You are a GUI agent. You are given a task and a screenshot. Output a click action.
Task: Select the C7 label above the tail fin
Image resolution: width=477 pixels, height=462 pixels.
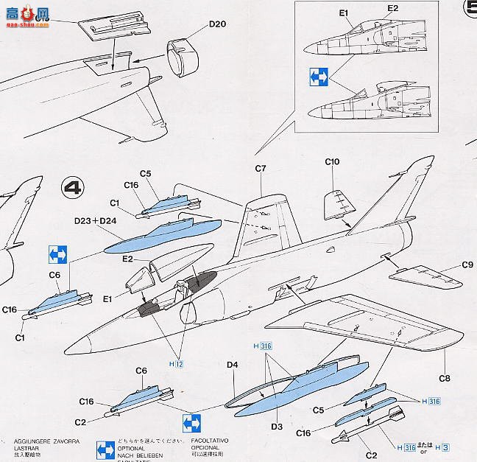point(261,169)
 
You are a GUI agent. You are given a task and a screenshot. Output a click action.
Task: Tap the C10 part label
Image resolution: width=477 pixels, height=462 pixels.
point(332,161)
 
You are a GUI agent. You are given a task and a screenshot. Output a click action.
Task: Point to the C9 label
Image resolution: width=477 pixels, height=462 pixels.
point(467,265)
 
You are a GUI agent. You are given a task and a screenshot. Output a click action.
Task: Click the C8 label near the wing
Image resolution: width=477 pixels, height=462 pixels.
point(445,378)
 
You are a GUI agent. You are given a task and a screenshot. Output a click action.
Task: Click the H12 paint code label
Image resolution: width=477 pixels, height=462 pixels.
point(176,363)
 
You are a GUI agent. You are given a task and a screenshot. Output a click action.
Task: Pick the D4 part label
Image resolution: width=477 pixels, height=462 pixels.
point(233,365)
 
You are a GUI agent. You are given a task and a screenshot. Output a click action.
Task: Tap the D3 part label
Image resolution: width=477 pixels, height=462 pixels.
point(278,425)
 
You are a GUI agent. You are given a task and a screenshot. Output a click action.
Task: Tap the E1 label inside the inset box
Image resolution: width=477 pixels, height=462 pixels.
point(342,13)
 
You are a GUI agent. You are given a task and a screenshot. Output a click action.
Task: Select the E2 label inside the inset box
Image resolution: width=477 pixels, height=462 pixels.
point(392,8)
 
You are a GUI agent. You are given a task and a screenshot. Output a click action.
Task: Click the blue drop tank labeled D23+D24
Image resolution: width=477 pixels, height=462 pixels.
point(158,234)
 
